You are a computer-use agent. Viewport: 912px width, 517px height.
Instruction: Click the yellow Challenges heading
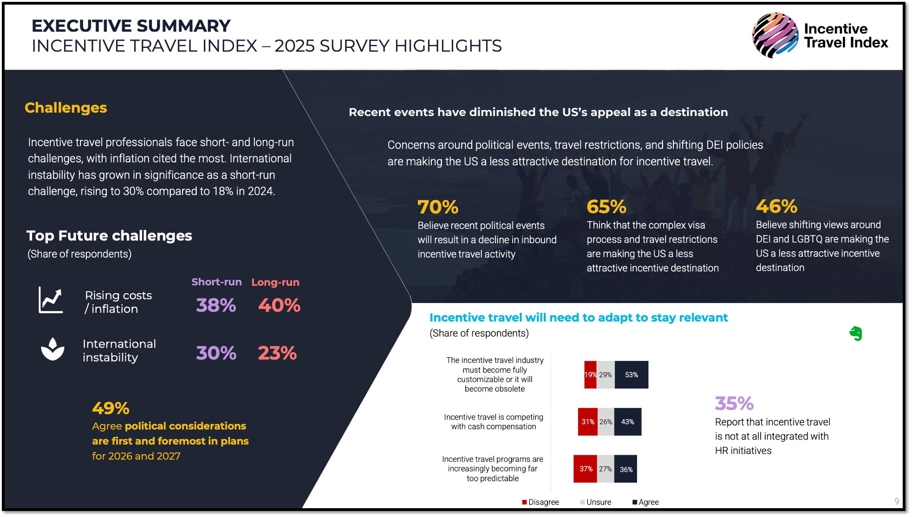tap(66, 108)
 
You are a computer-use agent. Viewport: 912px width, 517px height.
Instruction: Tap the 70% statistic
tap(438, 207)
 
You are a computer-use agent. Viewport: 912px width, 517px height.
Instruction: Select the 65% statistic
tap(606, 207)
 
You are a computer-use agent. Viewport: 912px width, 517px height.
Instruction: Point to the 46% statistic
tap(776, 206)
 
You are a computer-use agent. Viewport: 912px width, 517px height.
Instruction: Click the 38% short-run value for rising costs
tap(216, 305)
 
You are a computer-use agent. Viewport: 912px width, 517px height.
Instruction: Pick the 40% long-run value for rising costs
tap(279, 305)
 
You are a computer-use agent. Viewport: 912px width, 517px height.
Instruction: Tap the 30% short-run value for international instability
tap(216, 353)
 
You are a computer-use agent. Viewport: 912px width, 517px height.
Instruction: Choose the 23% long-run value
tap(277, 353)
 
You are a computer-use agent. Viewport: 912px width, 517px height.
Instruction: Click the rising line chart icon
tap(51, 300)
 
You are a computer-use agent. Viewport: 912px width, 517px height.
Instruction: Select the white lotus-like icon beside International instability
tap(52, 349)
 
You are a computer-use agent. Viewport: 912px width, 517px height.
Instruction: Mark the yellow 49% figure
tap(111, 408)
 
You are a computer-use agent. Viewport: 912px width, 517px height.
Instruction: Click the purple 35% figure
tap(734, 403)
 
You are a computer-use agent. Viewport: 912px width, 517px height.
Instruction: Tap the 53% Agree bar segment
tap(631, 375)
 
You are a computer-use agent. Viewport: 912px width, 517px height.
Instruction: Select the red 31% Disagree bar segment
tap(587, 422)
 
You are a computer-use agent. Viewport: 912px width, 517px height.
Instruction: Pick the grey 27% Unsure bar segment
tap(605, 469)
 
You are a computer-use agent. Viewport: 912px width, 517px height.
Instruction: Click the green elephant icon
tap(856, 333)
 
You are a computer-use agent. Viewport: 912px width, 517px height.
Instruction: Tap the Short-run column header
tap(216, 282)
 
